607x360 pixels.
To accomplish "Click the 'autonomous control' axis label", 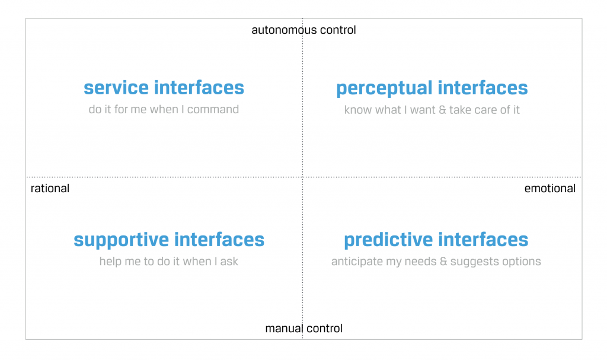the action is (303, 30).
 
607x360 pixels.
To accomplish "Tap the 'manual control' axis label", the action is (303, 328).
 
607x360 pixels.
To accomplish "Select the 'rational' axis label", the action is (50, 189).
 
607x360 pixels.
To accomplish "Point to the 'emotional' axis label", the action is (550, 189).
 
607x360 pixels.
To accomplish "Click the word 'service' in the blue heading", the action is (116, 88).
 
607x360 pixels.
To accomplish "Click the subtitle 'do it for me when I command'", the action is (164, 109).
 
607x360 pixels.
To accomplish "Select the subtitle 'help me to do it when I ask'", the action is (168, 261).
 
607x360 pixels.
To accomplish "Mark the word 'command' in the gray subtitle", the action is (213, 110).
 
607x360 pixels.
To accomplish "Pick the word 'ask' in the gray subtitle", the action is (229, 261).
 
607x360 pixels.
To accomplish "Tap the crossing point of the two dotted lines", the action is (302, 177).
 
